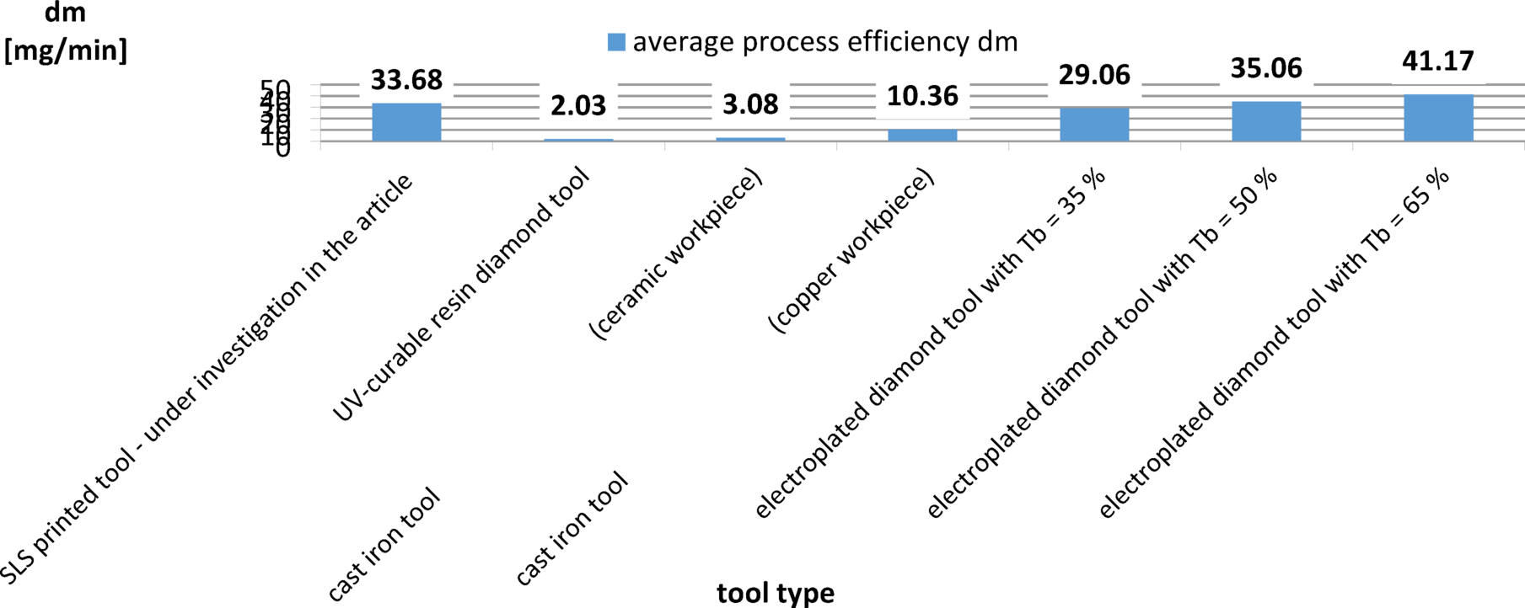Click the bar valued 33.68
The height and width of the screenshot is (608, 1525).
406,122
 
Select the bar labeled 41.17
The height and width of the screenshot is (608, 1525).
1438,118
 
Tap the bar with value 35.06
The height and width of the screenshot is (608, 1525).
1266,121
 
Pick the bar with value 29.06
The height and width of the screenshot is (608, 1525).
1094,125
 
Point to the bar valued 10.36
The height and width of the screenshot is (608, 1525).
922,135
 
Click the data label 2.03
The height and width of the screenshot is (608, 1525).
578,106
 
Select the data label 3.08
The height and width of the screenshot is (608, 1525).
750,104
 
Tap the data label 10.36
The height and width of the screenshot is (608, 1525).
922,96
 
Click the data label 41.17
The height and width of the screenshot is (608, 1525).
1438,61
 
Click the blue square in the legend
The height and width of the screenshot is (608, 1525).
617,42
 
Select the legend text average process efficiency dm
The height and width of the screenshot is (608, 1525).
825,41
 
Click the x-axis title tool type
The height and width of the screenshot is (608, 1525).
776,593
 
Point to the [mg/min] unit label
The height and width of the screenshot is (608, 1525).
66,51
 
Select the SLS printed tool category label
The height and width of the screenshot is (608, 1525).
207,379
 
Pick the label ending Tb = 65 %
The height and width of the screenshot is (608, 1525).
1275,342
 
